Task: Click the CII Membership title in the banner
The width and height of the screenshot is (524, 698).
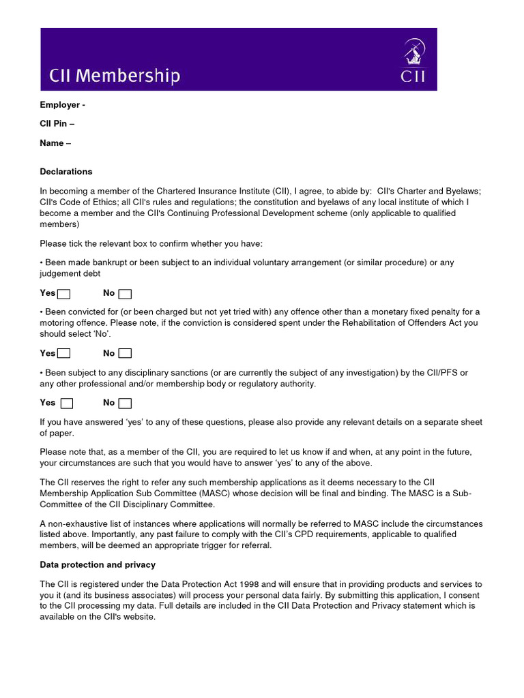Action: (115, 76)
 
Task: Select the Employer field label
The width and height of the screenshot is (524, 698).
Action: (62, 105)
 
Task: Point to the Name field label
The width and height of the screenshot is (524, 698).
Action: (55, 143)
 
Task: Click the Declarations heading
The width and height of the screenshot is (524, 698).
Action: (66, 172)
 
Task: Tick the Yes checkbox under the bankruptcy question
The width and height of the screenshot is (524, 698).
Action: (63, 294)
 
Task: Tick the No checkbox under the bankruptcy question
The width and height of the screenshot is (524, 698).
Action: (125, 294)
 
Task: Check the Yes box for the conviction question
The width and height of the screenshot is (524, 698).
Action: (63, 353)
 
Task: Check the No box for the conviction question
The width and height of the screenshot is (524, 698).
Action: (125, 353)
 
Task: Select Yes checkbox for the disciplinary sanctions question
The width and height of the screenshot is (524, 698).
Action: (66, 403)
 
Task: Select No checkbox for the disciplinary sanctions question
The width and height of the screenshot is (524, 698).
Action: (125, 403)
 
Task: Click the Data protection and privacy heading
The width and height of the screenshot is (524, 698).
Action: (98, 564)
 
